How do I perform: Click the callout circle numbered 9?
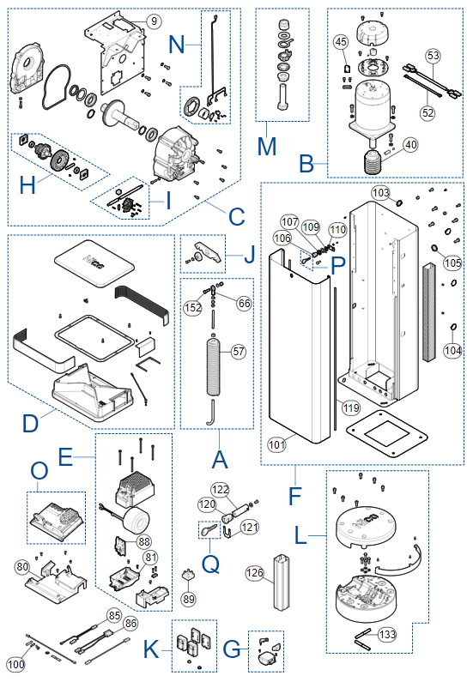(x=154, y=21)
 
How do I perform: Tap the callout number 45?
(x=341, y=42)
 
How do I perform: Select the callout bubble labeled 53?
(x=433, y=56)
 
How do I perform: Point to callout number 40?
(x=410, y=145)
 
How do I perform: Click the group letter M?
(x=267, y=146)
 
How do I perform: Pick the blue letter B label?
(x=306, y=164)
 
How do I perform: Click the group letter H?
(x=27, y=184)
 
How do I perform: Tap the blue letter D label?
(x=31, y=424)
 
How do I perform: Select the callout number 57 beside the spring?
(x=239, y=352)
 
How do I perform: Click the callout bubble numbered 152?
(x=193, y=308)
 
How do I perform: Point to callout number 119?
(x=351, y=408)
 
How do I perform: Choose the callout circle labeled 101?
(x=277, y=445)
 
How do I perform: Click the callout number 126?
(x=255, y=572)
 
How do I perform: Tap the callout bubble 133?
(x=387, y=635)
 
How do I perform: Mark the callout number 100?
(x=15, y=664)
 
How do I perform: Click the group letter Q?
(x=210, y=563)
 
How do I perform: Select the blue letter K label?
(x=152, y=649)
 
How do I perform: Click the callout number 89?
(x=189, y=599)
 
